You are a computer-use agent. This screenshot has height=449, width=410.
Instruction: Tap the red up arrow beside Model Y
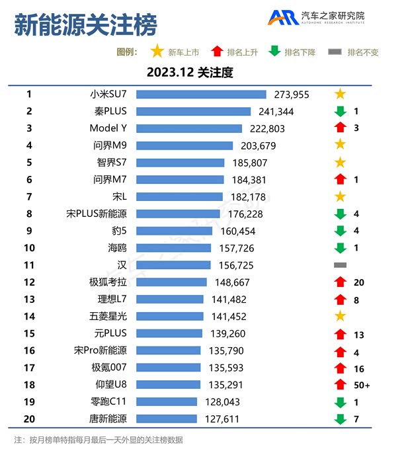click(x=340, y=128)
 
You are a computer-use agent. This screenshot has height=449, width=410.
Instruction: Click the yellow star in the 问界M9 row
click(x=340, y=145)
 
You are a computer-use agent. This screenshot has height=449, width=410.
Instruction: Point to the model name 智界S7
click(x=108, y=162)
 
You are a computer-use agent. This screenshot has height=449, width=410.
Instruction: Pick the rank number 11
click(x=29, y=265)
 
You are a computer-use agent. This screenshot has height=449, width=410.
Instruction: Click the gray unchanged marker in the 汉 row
click(x=340, y=265)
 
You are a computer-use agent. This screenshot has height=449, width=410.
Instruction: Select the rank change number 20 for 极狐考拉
click(x=359, y=282)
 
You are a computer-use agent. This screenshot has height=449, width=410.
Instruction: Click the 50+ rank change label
click(x=361, y=384)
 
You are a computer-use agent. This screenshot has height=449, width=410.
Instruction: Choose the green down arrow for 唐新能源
click(x=340, y=419)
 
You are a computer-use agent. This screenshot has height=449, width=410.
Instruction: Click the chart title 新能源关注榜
click(x=85, y=26)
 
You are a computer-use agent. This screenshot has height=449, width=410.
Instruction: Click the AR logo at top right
click(x=282, y=18)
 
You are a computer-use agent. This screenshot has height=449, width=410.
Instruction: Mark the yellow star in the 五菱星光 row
click(x=340, y=316)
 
